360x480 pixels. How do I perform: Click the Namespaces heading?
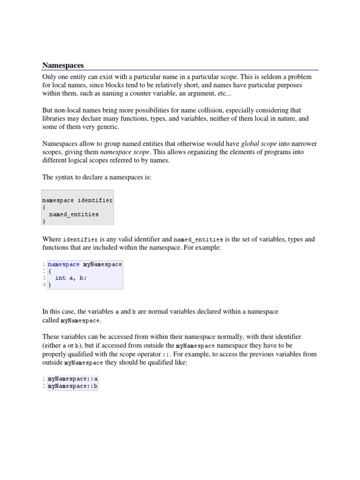[x=63, y=65]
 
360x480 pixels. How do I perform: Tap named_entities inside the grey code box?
[x=74, y=214]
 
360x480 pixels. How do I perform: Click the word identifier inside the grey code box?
[x=95, y=200]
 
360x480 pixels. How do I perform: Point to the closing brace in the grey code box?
[x=44, y=221]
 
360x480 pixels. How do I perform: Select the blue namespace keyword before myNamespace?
[x=64, y=264]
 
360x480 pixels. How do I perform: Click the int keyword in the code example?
[x=60, y=278]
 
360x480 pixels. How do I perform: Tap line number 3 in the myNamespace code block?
[x=44, y=278]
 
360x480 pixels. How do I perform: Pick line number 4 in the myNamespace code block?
[x=44, y=285]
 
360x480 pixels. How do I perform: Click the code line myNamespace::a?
[x=73, y=379]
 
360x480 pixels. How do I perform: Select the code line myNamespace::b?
[x=73, y=386]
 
